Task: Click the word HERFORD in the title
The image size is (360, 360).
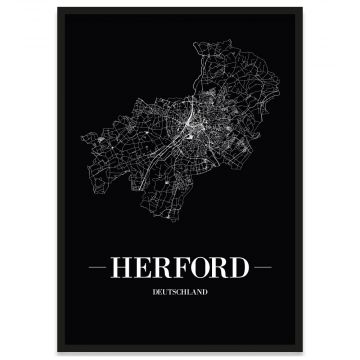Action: (180, 269)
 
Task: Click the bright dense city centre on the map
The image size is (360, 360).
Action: (188, 123)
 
